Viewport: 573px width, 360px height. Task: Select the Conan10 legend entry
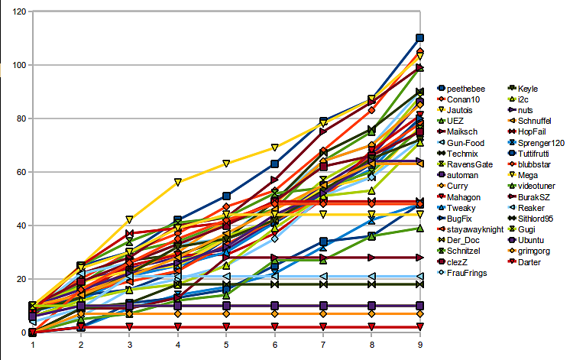click(x=461, y=100)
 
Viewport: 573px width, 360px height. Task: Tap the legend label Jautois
click(x=461, y=111)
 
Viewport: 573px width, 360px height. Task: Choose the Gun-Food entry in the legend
click(x=465, y=143)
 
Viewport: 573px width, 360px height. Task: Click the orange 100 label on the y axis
click(x=18, y=66)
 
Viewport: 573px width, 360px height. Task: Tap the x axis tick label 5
click(x=226, y=345)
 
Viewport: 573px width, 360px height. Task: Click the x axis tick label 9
click(x=419, y=345)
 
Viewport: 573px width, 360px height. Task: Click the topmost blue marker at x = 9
click(x=419, y=38)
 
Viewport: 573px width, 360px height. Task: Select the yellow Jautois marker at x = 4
click(x=177, y=182)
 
